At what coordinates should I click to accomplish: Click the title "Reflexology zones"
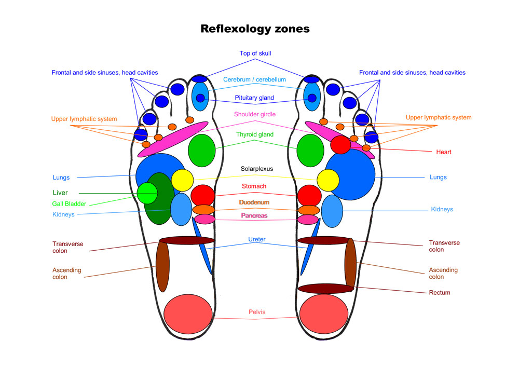click(255, 29)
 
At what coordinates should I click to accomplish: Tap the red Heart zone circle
click(340, 144)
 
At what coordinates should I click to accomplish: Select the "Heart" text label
click(443, 152)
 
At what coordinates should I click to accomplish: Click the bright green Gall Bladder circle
click(147, 193)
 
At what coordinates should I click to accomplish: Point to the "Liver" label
click(60, 193)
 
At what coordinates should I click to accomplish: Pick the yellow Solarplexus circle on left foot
click(182, 180)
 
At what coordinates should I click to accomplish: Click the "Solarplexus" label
click(256, 169)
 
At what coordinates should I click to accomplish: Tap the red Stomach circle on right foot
click(310, 195)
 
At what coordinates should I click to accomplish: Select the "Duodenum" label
click(254, 202)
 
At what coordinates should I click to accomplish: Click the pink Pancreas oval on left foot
click(204, 219)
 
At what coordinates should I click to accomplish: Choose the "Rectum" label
click(439, 293)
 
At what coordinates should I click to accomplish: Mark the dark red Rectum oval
click(325, 289)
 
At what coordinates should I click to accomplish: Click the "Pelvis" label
click(256, 312)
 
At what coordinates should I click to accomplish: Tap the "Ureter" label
click(256, 239)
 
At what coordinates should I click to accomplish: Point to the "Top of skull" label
click(255, 53)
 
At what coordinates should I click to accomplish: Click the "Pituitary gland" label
click(254, 98)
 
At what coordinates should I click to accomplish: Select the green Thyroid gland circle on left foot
click(202, 149)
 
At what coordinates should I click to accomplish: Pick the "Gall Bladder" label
click(69, 204)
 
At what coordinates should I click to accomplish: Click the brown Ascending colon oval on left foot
click(163, 267)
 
